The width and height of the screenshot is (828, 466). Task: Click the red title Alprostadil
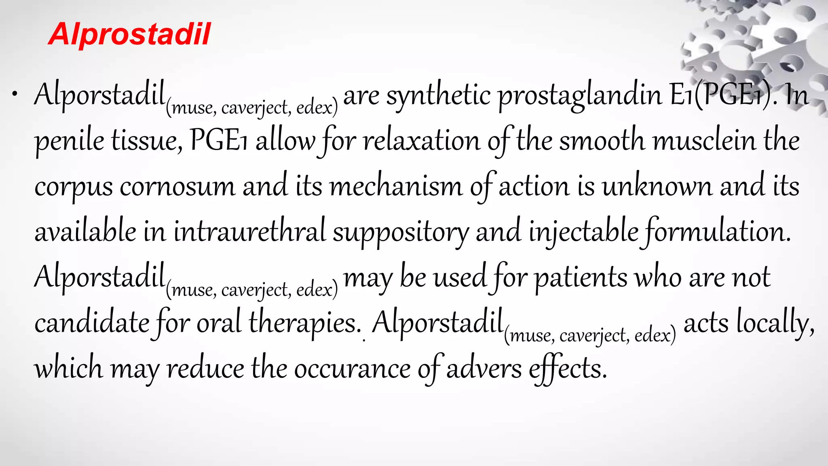coord(129,34)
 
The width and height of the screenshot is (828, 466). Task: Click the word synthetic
coord(438,96)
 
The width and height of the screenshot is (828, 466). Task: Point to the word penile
coord(69,142)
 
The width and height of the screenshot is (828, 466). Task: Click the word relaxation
coord(421,142)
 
